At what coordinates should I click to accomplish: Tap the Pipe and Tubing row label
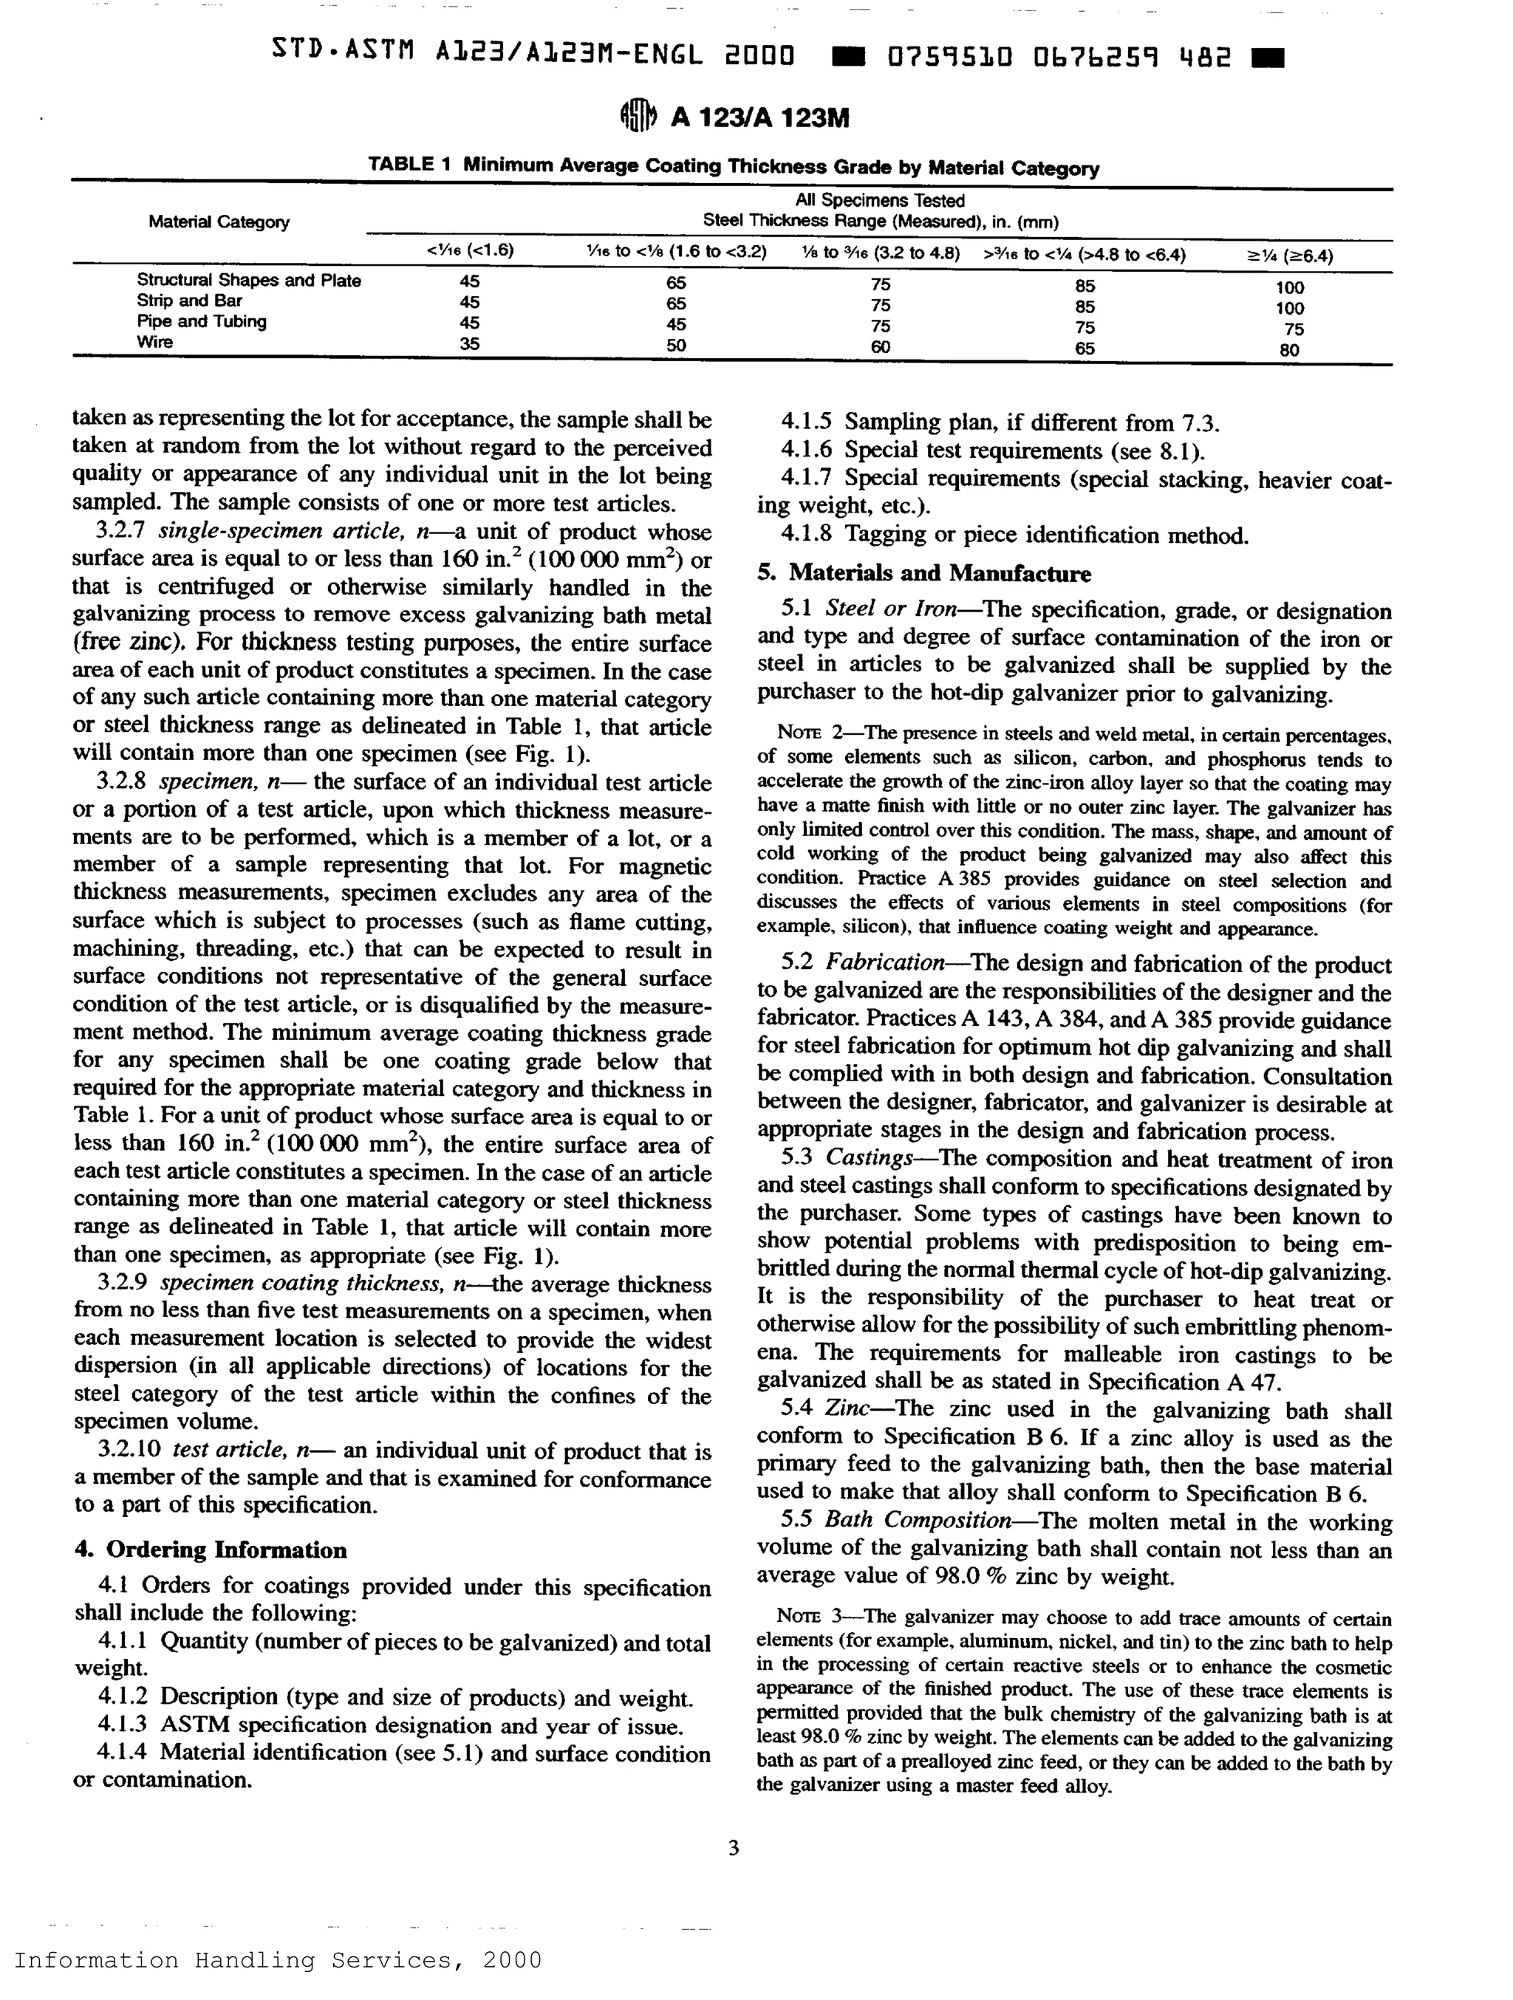202,322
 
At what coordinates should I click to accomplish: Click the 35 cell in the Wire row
468,343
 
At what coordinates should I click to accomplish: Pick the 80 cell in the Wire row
1290,350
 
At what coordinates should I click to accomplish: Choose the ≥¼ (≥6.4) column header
1290,256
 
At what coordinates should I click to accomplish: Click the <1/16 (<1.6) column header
469,250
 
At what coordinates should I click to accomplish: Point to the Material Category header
219,222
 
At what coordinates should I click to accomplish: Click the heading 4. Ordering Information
211,1549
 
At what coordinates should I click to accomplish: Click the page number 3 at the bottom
734,1848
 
